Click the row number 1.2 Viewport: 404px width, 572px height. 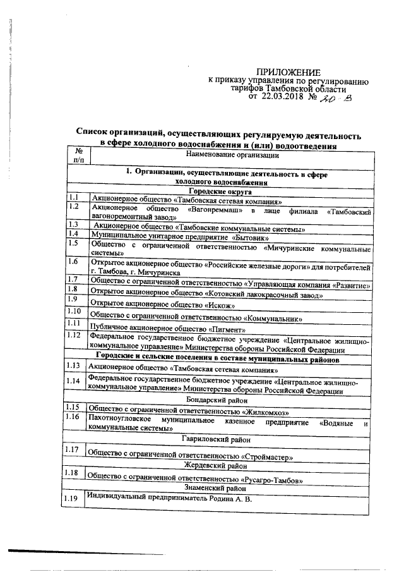tap(74, 207)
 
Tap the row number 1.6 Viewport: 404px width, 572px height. tap(74, 262)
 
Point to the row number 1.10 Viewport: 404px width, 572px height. tap(76, 312)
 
